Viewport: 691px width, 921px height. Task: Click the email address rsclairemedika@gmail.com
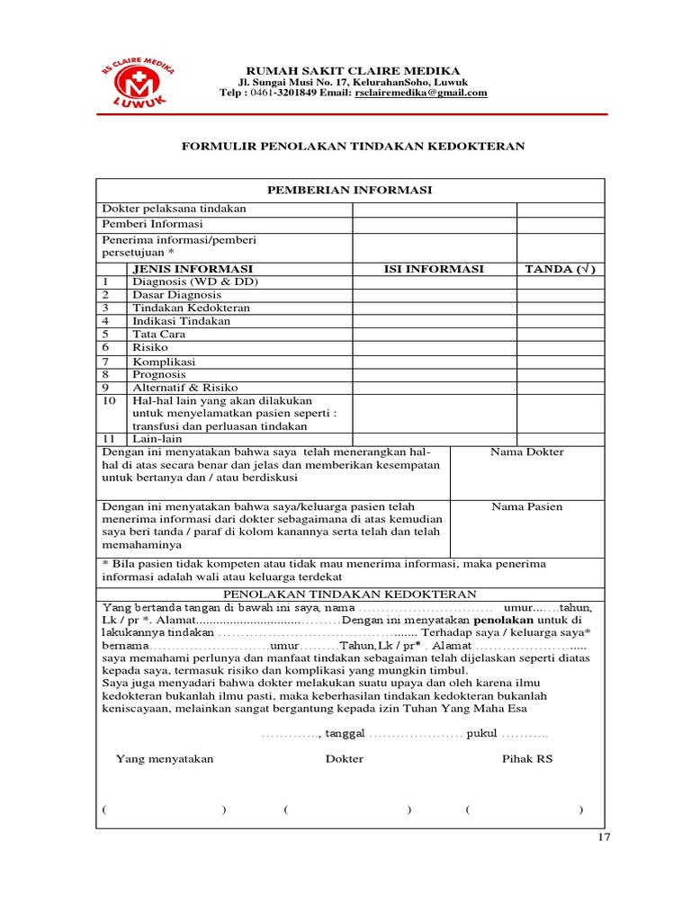pos(421,93)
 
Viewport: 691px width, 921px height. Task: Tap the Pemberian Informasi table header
pos(350,190)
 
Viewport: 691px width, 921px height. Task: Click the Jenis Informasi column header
pos(193,269)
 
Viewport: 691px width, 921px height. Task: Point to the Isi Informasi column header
pos(434,269)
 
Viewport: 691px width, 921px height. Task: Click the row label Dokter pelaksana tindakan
pos(174,209)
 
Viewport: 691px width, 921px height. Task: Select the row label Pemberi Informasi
pos(152,224)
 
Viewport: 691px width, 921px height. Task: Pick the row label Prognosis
pos(159,374)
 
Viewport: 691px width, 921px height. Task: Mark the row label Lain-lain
pos(157,439)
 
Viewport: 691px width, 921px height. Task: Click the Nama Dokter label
pos(526,452)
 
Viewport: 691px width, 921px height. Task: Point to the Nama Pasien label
pos(526,506)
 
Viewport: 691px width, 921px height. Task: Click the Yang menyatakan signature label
pos(165,759)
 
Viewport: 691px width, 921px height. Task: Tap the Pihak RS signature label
pos(526,759)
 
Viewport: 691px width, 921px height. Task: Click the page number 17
pos(604,838)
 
